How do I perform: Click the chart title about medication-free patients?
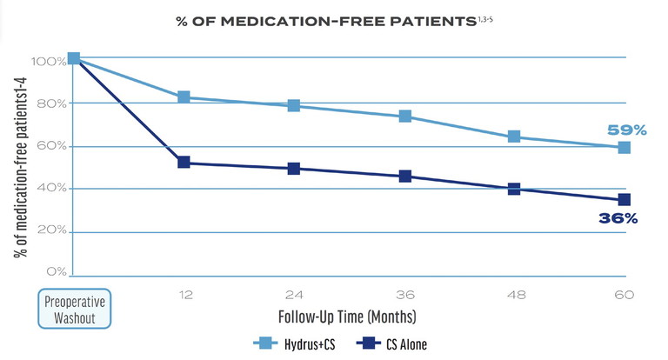[335, 21]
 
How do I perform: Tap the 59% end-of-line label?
[626, 130]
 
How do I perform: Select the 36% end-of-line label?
[618, 219]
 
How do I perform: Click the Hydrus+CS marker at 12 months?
[184, 97]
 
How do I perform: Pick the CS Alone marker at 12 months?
[184, 163]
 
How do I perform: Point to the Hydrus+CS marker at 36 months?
[404, 116]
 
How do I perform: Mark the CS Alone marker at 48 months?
[514, 189]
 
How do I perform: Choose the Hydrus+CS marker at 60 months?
[624, 148]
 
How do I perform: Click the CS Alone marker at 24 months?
[294, 169]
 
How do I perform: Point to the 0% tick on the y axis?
[56, 272]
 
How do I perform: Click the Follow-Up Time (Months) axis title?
[346, 315]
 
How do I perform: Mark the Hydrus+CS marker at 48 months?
[514, 137]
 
